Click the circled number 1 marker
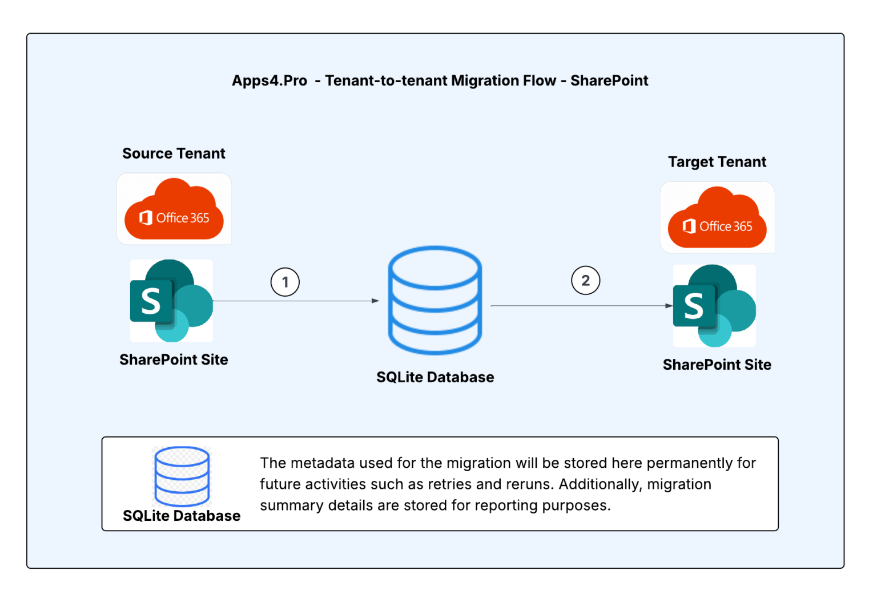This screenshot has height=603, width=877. point(285,282)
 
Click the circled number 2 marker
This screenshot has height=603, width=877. point(585,280)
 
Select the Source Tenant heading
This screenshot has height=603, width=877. point(174,153)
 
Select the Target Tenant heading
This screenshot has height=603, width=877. point(717,162)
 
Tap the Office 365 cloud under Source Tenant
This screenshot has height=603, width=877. point(174,210)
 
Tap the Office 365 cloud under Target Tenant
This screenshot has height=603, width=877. point(717,218)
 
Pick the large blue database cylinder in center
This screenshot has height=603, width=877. point(435,301)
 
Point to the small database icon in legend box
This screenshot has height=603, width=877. point(182,476)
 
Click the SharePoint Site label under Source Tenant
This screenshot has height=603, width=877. point(174,359)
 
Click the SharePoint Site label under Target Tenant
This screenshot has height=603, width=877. point(717,365)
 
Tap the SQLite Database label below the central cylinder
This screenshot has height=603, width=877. point(435,377)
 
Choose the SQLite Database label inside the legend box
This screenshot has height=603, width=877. point(182,516)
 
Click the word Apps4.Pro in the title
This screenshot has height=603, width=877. point(269,81)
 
